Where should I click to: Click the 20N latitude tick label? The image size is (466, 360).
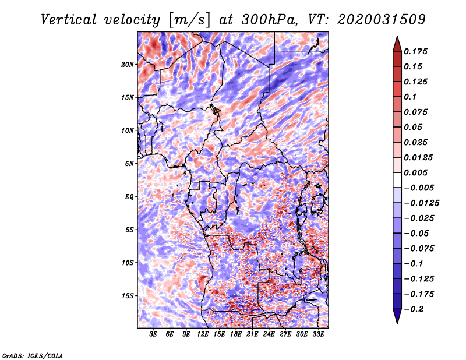pos(128,64)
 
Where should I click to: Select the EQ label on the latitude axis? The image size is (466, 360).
pos(129,196)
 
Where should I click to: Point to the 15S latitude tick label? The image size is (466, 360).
pos(128,295)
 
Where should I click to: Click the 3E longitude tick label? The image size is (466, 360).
pos(154,334)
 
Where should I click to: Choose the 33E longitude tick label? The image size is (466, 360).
pos(318,334)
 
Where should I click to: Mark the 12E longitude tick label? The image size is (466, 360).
pos(203,334)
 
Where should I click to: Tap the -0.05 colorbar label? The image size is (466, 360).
pos(416,233)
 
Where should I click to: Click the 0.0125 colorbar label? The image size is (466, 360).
pos(419,157)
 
